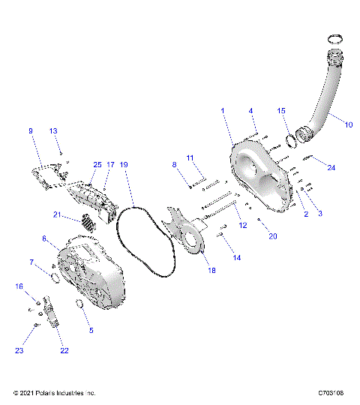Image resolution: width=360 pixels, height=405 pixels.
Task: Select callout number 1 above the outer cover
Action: coord(222,111)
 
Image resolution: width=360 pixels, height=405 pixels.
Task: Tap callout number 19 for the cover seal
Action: coord(124,163)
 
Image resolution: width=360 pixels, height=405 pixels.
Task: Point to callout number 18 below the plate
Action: coord(211,271)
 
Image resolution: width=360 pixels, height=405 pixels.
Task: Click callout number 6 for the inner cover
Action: coord(45,238)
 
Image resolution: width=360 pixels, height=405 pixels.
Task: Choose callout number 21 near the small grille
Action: coord(56,215)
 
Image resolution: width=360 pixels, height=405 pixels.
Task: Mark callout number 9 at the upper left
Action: coord(31,131)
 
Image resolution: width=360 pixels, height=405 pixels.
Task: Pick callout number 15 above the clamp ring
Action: coord(282,111)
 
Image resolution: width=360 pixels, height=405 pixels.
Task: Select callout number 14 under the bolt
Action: coord(237,257)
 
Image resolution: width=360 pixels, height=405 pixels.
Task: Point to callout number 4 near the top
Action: coord(251,111)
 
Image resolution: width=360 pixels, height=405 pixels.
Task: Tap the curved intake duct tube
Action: coord(324,105)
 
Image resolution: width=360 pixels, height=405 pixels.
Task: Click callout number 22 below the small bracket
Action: coord(64,350)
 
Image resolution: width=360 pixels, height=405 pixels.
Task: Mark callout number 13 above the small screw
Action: coord(53,131)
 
